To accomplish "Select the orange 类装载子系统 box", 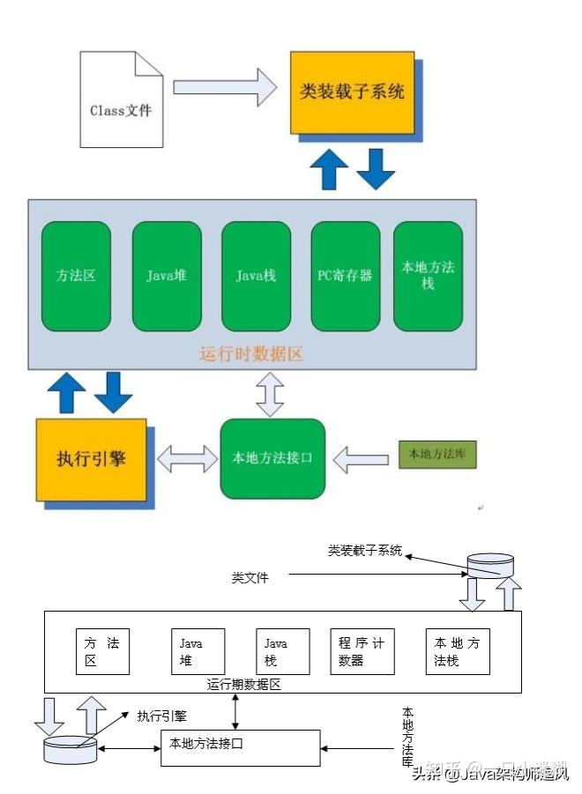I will point(352,92).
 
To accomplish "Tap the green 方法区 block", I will point(76,276).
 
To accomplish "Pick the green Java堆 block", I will point(167,276).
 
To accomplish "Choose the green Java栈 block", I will point(256,276).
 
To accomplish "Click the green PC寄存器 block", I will point(345,276).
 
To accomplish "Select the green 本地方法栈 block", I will point(428,276).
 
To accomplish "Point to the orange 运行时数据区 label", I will point(251,354).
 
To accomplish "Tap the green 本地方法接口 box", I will point(272,458).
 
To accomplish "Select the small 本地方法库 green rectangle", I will point(437,455).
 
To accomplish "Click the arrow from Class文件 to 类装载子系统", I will point(226,86).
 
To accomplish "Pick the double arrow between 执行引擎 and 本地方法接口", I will point(187,458).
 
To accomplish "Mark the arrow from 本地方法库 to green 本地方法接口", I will point(362,458).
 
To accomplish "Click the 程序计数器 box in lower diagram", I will point(362,651).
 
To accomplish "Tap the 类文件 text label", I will point(250,578).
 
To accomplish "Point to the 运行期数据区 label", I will point(244,684).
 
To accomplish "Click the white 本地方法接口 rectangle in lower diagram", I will point(240,747).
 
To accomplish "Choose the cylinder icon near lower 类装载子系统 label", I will point(489,566).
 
